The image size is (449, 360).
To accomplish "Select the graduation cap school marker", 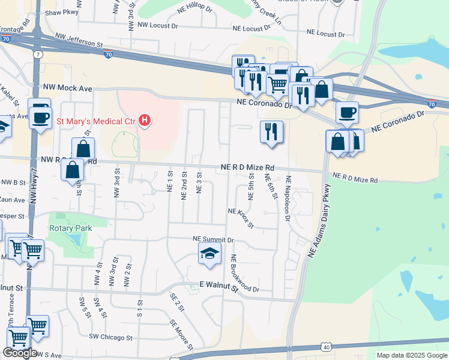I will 209,254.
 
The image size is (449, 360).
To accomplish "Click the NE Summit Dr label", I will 211,239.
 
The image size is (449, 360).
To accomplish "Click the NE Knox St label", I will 241,218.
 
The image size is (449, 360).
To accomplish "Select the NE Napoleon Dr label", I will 288,199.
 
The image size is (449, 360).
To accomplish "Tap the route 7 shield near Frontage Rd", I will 38,54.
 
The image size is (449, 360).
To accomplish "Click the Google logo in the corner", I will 20,353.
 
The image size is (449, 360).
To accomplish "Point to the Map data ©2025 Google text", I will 412,355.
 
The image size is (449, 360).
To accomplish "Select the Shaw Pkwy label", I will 62,12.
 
